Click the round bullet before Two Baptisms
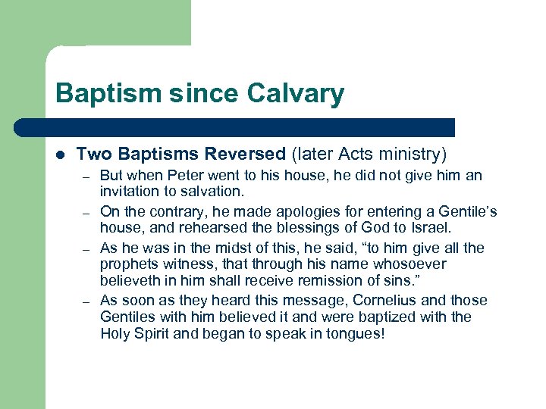[x=60, y=155]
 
